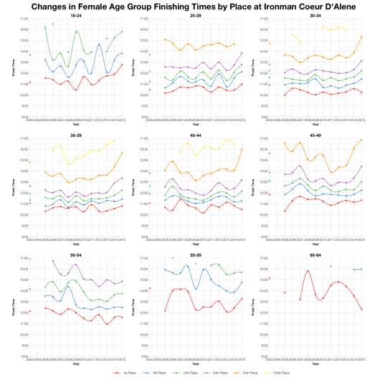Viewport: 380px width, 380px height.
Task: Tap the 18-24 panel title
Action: (75, 14)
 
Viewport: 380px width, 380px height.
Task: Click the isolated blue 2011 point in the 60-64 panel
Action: (331, 266)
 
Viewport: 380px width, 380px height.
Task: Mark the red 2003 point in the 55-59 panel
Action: (149, 288)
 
